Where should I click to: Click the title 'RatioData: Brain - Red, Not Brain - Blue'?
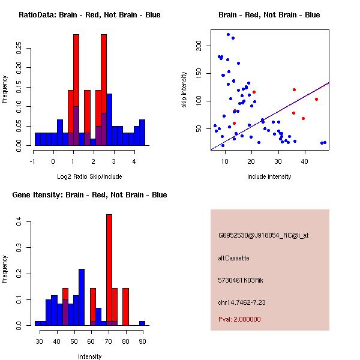click(89, 15)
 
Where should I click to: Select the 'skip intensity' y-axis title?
click(184, 90)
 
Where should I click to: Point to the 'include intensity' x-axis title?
click(269, 176)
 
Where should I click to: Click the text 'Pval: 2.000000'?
click(239, 319)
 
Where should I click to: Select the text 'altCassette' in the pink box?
click(233, 258)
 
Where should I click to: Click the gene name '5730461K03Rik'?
click(240, 280)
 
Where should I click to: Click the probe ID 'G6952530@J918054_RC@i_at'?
click(263, 236)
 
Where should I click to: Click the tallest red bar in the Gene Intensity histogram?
click(109, 270)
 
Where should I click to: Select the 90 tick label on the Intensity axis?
click(142, 341)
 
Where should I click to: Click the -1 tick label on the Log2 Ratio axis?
click(34, 161)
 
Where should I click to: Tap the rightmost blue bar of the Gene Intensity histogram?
click(142, 323)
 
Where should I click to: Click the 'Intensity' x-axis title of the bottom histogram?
click(90, 356)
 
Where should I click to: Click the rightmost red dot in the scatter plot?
click(316, 100)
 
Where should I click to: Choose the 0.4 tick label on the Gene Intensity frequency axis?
click(19, 222)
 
